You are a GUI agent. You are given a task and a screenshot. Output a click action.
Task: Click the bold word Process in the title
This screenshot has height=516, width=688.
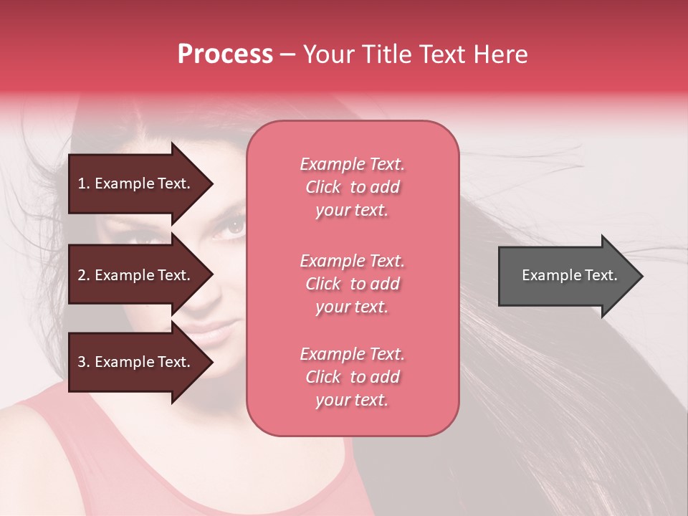coord(225,54)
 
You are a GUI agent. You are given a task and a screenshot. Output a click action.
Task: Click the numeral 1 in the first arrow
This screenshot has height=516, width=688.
coord(82,183)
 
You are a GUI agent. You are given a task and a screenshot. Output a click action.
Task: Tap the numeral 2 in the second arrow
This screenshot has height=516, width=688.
coord(82,275)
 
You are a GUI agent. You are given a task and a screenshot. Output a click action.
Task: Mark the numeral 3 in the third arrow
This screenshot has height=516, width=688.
coord(82,362)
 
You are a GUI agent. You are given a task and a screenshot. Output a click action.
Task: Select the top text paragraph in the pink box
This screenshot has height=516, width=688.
coord(352,187)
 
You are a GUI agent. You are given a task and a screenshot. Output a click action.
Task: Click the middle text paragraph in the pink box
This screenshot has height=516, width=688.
coord(352,284)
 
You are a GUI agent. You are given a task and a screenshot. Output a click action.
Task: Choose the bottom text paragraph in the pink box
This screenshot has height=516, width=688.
coord(352,377)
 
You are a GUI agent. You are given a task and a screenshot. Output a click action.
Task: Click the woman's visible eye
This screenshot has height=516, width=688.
coord(234,226)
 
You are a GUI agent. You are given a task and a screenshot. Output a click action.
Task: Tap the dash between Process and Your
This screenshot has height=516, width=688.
coord(287,54)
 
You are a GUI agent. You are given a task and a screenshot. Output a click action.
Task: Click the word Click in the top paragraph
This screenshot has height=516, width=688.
coord(323,187)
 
